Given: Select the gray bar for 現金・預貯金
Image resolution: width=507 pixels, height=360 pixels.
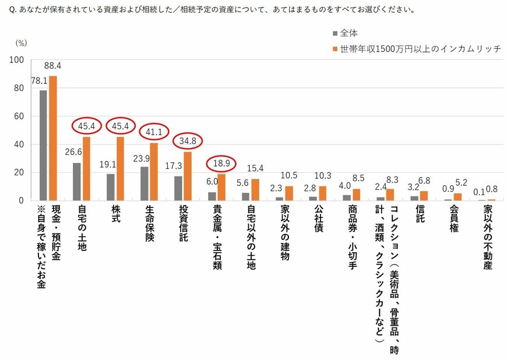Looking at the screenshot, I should click(x=43, y=145).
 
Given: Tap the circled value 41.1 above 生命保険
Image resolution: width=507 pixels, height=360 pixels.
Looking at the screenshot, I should click(x=154, y=132).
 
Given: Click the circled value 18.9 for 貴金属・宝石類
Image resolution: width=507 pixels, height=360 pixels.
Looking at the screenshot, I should click(x=222, y=163).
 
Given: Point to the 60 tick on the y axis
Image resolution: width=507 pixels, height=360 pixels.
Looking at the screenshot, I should click(x=19, y=117).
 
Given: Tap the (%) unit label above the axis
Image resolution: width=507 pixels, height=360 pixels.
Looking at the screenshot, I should click(x=21, y=43).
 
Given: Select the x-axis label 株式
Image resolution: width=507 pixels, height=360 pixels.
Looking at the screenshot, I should click(x=115, y=217).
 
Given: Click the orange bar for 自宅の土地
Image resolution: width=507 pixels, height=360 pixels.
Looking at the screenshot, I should click(x=87, y=168).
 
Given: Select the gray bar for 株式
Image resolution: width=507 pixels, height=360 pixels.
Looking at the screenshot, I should click(x=111, y=187).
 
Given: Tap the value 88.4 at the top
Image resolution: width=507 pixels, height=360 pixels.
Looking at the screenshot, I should click(x=53, y=65).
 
